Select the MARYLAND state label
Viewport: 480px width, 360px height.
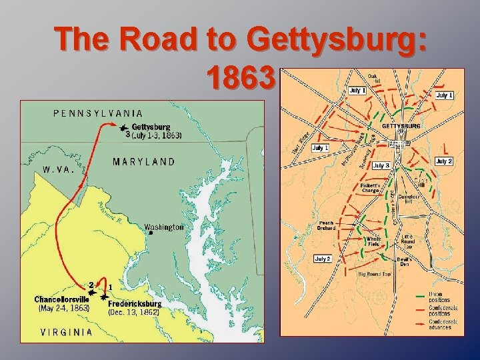point(144,161)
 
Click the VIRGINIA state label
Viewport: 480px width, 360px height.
point(67,332)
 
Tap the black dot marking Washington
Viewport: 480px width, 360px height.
point(151,233)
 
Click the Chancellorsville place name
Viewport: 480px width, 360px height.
point(62,299)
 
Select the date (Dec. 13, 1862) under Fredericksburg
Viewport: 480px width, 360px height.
point(134,311)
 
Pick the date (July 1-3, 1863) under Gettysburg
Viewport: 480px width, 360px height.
point(156,135)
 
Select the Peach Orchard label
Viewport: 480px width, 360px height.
point(326,225)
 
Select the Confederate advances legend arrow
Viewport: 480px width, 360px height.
point(419,323)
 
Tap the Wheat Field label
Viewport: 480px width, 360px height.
point(373,241)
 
